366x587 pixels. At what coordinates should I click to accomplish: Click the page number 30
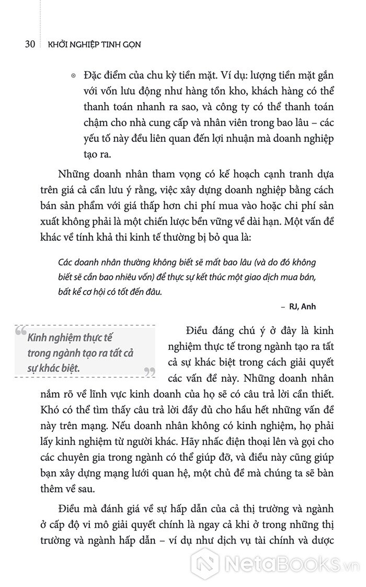point(29,44)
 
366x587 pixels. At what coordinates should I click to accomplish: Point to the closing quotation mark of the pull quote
point(150,372)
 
